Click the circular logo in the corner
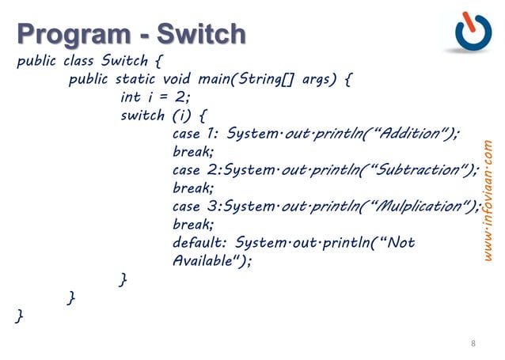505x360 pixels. tap(473, 32)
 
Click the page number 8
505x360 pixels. tap(473, 343)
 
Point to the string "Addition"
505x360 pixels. tap(412, 133)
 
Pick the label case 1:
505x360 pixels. tap(195, 133)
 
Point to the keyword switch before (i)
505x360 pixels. tap(142, 116)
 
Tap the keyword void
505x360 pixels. tap(179, 79)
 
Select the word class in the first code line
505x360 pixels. tap(80, 61)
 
